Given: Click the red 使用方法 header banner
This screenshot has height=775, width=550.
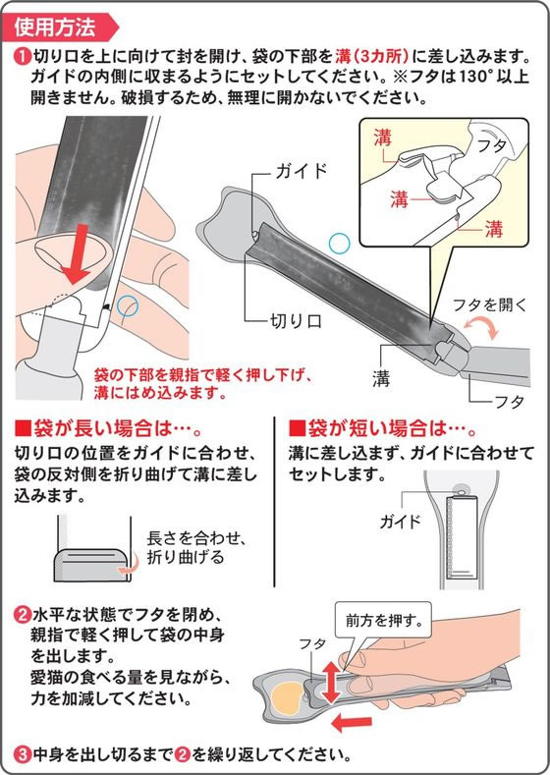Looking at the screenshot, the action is [60, 27].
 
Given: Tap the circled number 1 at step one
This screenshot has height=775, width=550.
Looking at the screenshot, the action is [23, 56].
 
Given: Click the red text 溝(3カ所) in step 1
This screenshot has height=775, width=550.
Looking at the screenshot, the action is [372, 56].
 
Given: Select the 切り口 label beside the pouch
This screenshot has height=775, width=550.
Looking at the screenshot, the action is [296, 321].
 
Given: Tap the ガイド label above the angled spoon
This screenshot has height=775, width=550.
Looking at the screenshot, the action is [302, 171].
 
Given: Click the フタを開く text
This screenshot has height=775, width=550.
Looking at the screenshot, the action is [490, 304].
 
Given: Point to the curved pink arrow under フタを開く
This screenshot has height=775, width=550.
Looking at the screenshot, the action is [482, 327].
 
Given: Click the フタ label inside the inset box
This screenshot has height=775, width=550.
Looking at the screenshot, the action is [492, 145].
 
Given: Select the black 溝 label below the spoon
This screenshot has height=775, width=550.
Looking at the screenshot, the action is [381, 378].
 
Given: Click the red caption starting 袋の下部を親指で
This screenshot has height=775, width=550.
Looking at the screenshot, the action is [203, 384].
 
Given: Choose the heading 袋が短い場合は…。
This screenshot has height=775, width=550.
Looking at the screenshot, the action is [382, 428].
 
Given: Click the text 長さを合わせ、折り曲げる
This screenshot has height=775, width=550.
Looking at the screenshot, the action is [196, 547].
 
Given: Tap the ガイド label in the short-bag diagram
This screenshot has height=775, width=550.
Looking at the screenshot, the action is [400, 521].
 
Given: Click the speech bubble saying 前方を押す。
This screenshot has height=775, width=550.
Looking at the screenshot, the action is [383, 620].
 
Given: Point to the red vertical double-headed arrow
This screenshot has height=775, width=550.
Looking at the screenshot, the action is [331, 682].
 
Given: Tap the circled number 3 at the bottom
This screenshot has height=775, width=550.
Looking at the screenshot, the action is [23, 754].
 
